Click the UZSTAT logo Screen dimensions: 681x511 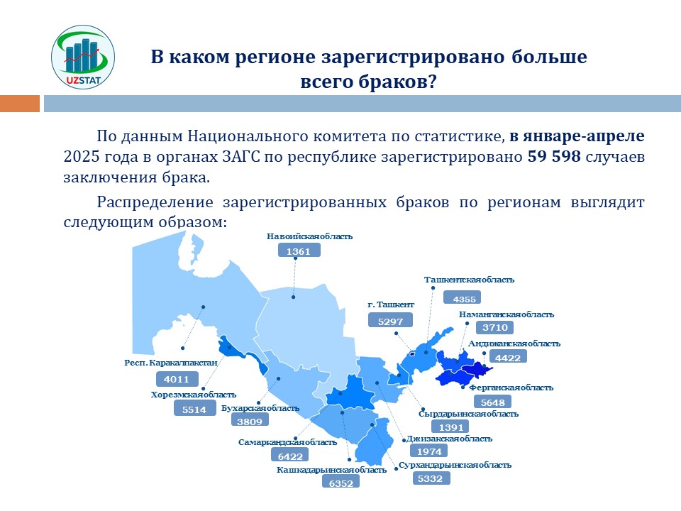click(x=83, y=57)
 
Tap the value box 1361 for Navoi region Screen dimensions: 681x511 click(x=299, y=251)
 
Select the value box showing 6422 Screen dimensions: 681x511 click(x=290, y=456)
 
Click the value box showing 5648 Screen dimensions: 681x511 click(x=492, y=402)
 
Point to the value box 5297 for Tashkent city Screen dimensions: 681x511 click(x=390, y=321)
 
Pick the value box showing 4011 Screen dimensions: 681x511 click(x=177, y=378)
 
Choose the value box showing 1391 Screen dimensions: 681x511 click(x=450, y=427)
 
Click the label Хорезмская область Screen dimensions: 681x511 click(x=193, y=395)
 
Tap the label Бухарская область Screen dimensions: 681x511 click(x=260, y=408)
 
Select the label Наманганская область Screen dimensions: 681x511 click(x=506, y=314)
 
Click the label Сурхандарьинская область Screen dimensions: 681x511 click(x=455, y=465)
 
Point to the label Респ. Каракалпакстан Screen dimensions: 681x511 click(x=171, y=363)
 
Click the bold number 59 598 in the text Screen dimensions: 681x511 click(x=554, y=156)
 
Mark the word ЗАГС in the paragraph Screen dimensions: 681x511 click(x=240, y=156)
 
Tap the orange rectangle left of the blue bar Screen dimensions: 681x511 click(x=20, y=104)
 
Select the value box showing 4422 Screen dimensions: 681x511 click(x=508, y=357)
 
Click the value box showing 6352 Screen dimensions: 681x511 click(x=341, y=482)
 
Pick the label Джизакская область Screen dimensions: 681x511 click(x=449, y=439)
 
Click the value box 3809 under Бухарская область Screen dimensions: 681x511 click(x=250, y=420)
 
